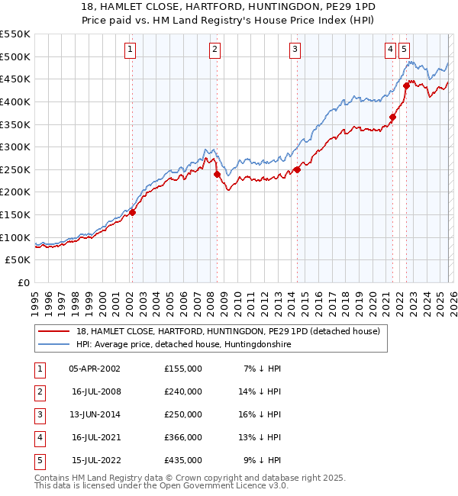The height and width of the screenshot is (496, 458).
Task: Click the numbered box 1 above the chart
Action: [131, 50]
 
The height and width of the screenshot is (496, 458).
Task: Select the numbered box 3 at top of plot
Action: [295, 50]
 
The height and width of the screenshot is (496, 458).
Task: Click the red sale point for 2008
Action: [217, 174]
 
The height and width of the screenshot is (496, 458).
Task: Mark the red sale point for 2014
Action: [297, 169]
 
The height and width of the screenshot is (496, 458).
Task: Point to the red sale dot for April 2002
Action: [132, 212]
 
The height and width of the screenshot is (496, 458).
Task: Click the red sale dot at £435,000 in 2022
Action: [406, 86]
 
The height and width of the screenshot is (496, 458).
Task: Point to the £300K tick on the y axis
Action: [15, 147]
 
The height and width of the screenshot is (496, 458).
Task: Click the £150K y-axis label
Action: [15, 214]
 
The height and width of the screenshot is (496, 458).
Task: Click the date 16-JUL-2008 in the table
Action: [96, 391]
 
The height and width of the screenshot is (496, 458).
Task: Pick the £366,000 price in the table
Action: [183, 437]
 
